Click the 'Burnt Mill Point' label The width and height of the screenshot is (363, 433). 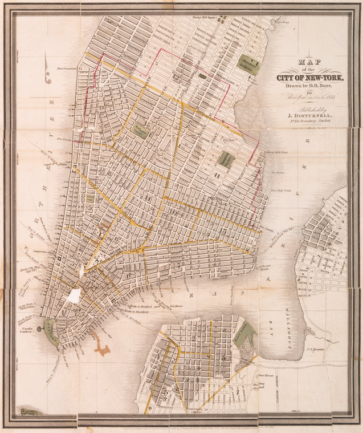(278, 153)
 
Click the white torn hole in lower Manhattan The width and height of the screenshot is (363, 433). (74, 296)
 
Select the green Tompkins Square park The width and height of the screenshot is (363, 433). (226, 159)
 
